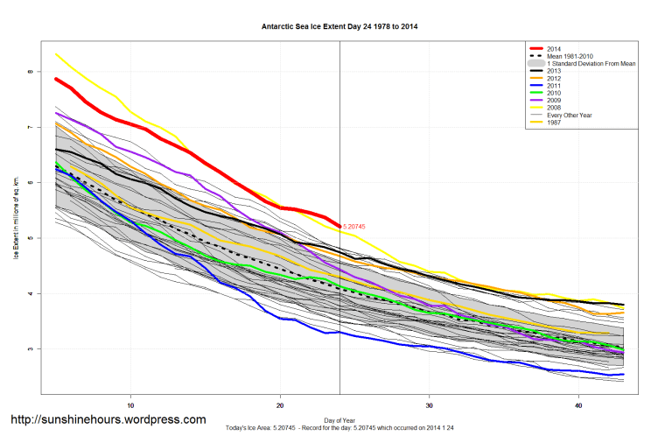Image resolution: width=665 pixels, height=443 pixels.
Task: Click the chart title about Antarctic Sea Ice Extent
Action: click(x=339, y=26)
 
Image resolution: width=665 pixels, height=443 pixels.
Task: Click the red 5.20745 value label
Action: click(x=354, y=227)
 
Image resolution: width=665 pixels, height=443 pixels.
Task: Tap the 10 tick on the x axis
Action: click(x=130, y=406)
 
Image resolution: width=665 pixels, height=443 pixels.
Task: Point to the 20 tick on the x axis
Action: click(x=280, y=406)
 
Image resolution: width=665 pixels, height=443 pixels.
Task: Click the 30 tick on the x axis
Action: click(x=430, y=406)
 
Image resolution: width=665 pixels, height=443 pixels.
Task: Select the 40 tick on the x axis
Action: click(x=579, y=406)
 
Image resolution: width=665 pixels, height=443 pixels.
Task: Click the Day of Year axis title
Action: click(x=339, y=419)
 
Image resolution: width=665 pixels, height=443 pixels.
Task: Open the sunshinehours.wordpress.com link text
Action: click(x=108, y=420)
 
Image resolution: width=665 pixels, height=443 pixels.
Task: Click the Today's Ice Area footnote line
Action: click(x=339, y=428)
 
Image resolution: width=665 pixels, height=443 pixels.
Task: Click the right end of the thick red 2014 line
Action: click(x=339, y=226)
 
